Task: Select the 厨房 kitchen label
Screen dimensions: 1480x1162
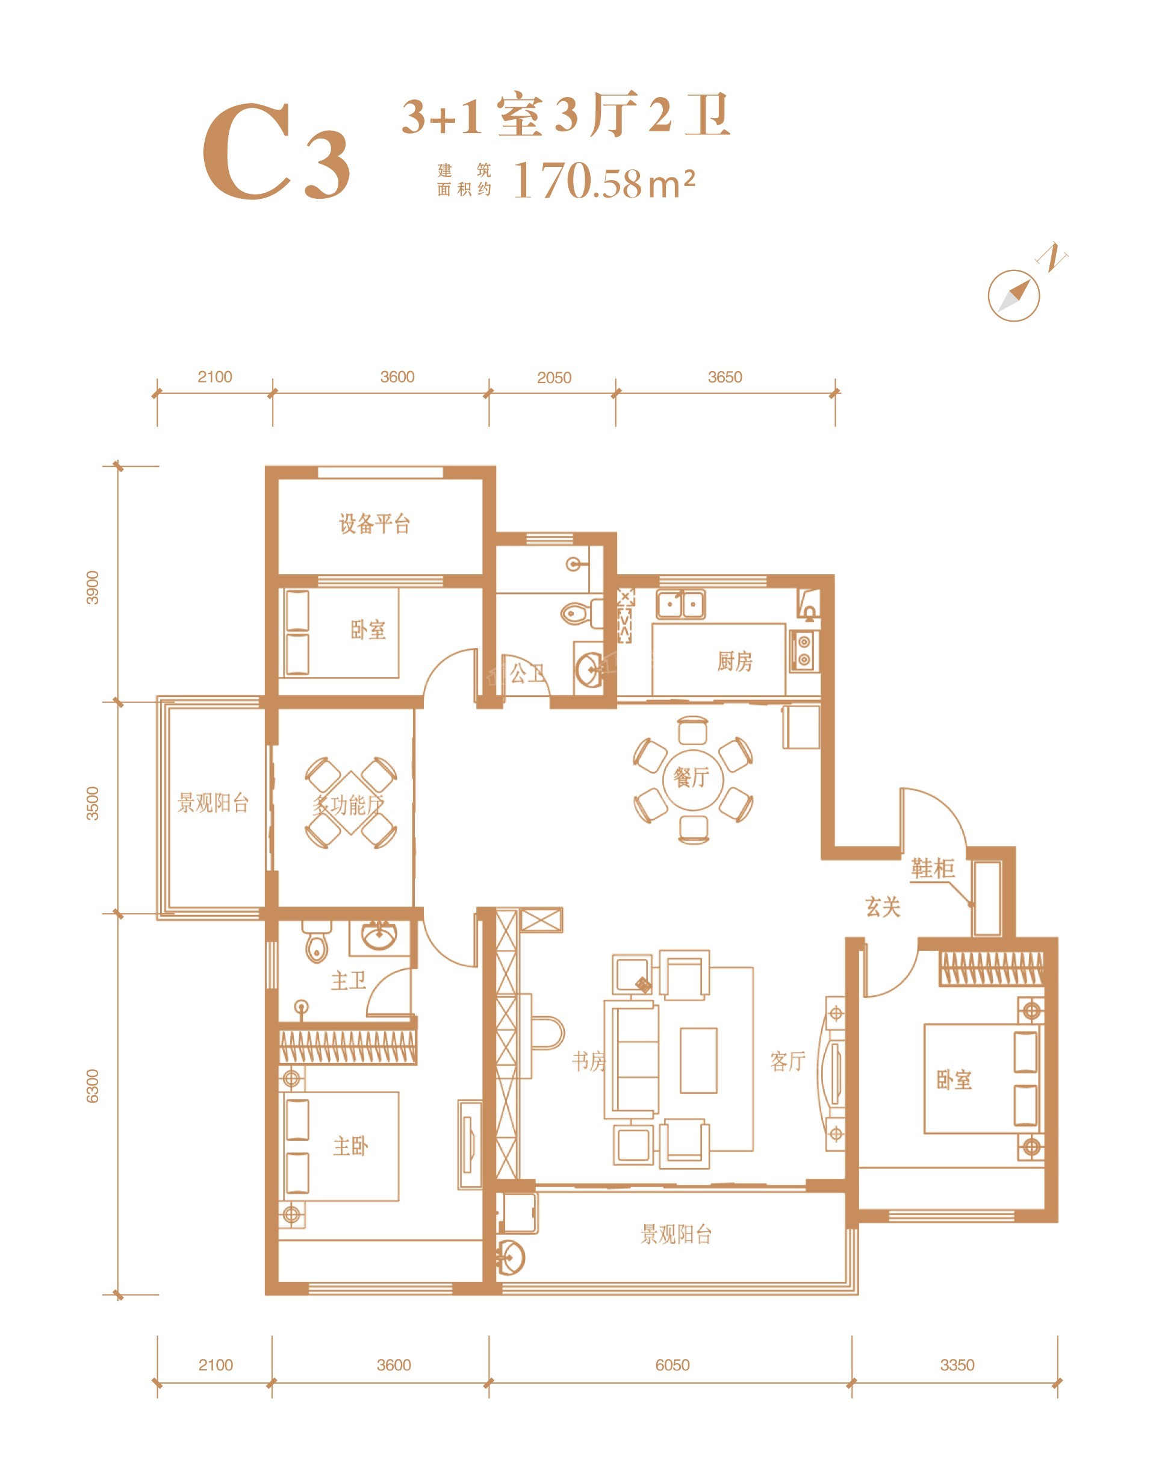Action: click(735, 661)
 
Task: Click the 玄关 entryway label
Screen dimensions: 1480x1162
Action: click(883, 907)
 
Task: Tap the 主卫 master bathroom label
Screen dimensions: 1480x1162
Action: click(349, 981)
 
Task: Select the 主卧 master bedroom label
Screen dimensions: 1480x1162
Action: click(350, 1146)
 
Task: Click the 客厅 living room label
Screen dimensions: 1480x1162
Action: click(788, 1061)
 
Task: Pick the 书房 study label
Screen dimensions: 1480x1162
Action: click(588, 1061)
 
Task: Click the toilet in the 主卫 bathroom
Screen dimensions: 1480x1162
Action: click(316, 943)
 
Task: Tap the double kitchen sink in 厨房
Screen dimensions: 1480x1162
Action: click(680, 604)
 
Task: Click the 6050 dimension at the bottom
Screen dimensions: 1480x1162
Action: click(672, 1365)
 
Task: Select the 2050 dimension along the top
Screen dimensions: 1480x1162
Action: click(554, 378)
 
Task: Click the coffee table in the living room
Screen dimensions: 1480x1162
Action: click(698, 1060)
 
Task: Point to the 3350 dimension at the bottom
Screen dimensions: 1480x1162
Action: click(957, 1365)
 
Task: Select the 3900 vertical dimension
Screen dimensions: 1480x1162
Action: click(93, 587)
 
